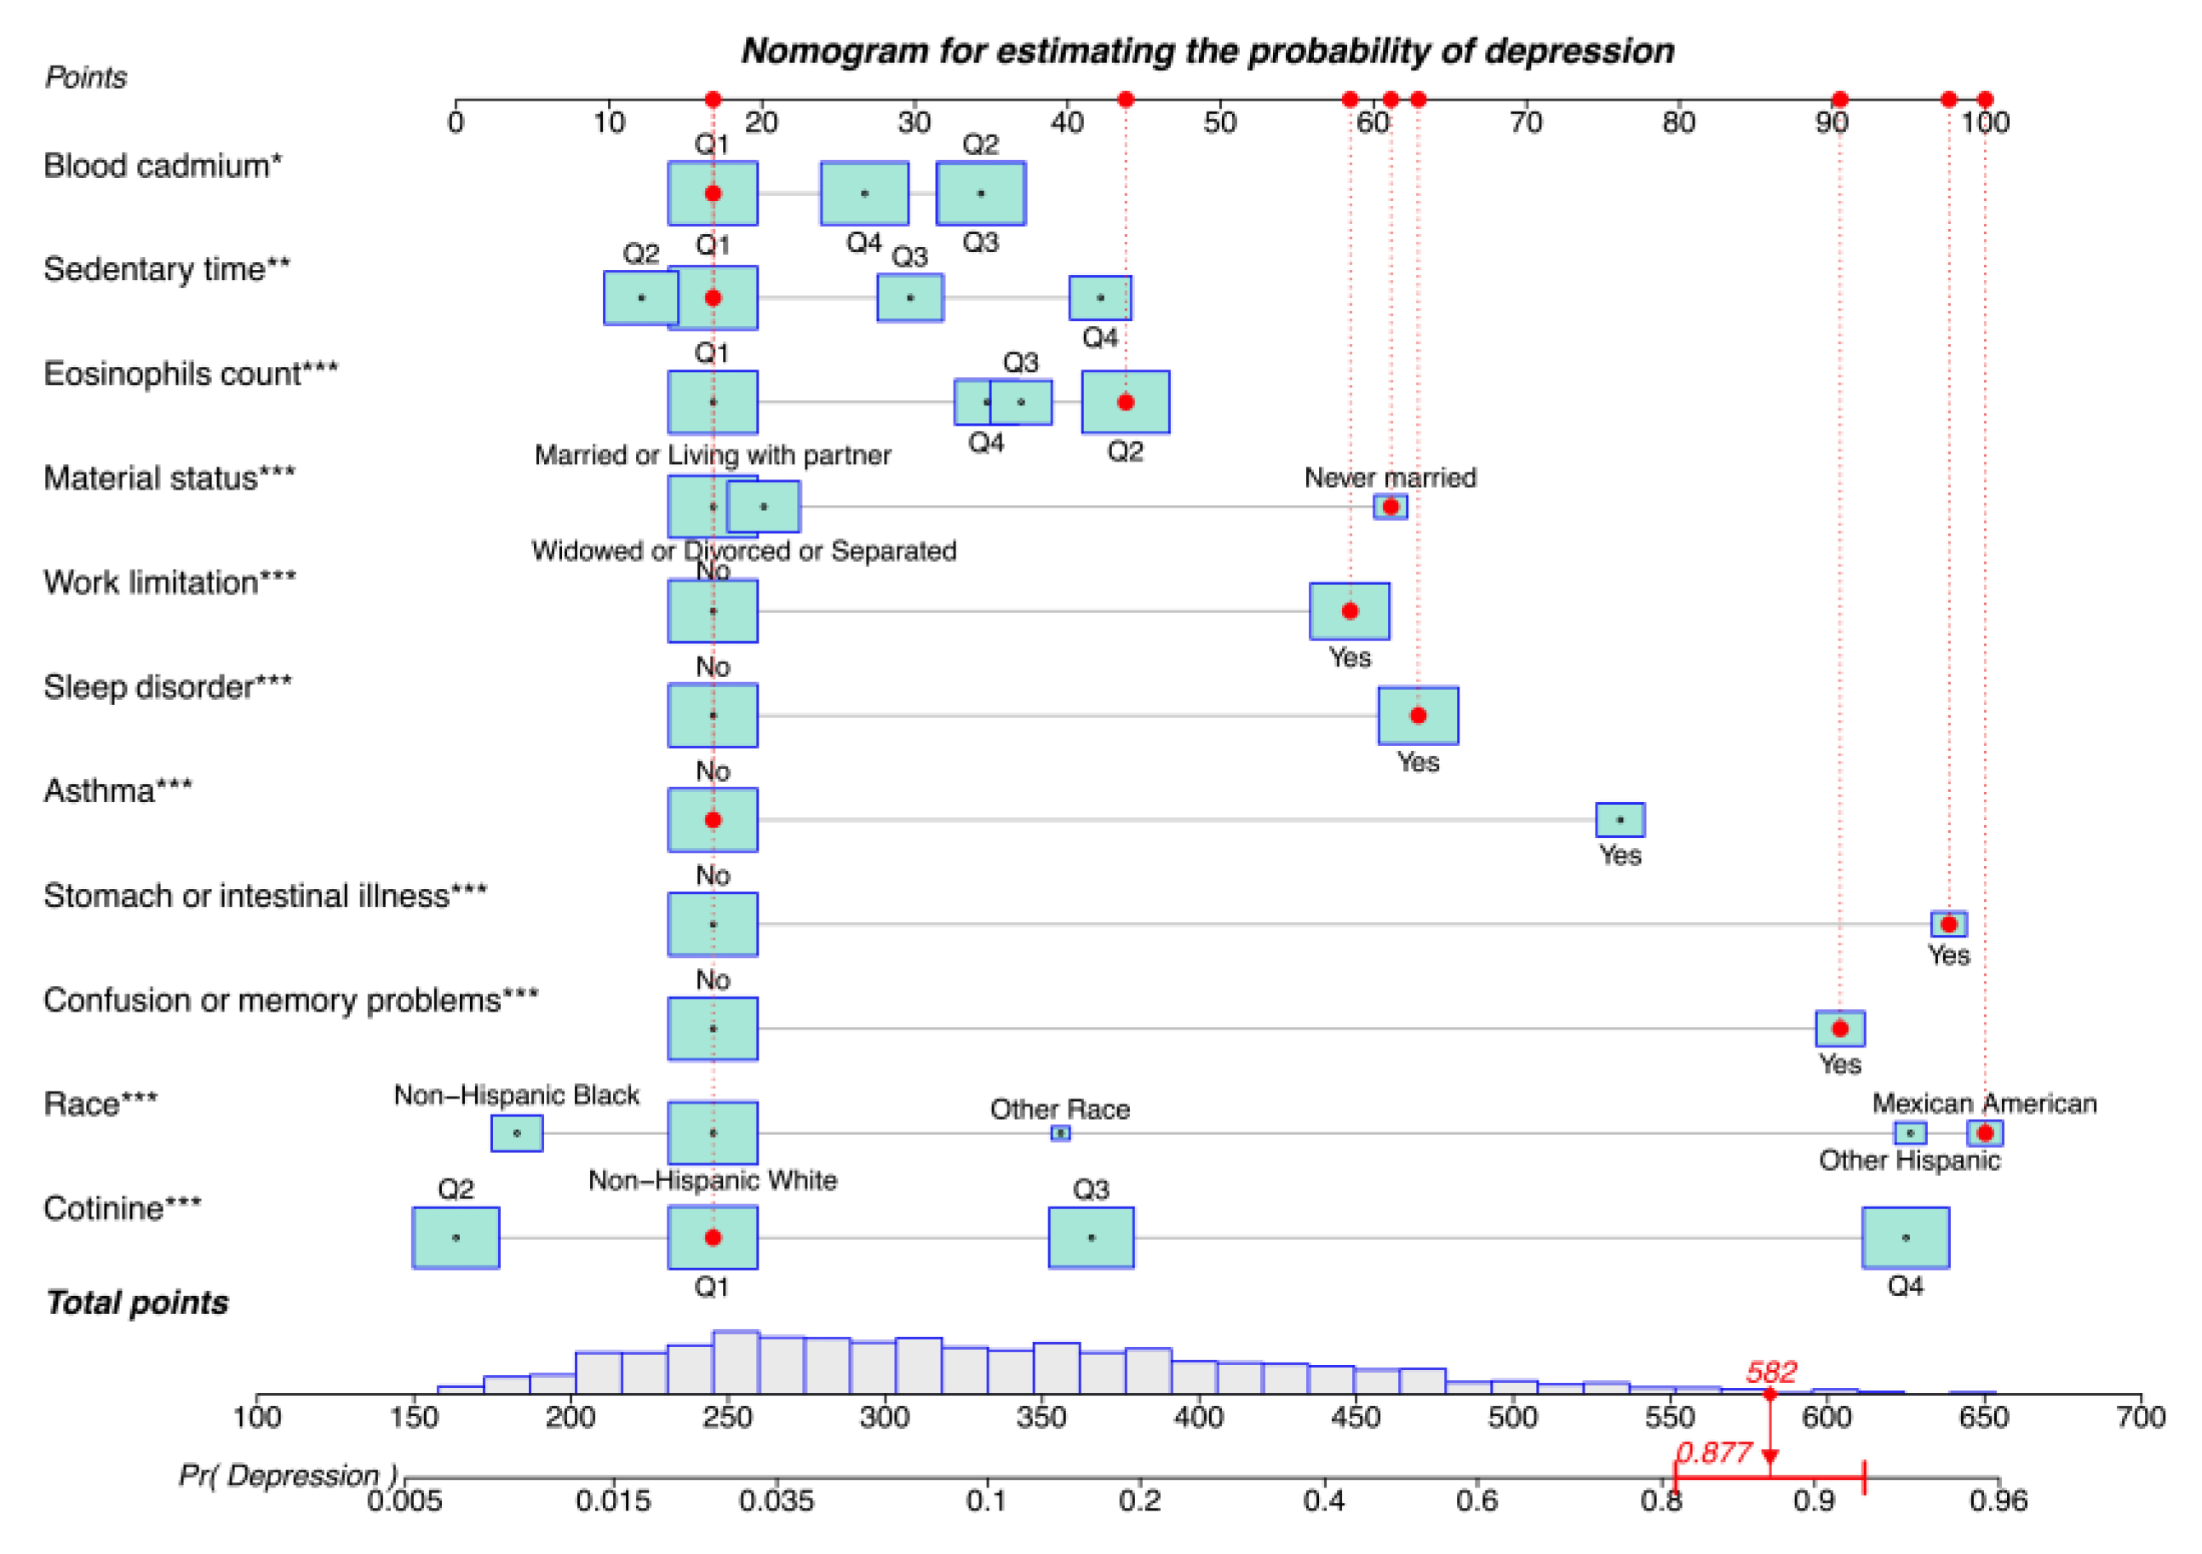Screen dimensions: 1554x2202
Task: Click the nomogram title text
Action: [x=1207, y=51]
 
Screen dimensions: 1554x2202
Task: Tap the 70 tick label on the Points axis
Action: [x=1525, y=123]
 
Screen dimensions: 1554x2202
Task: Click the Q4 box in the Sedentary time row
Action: [x=1100, y=298]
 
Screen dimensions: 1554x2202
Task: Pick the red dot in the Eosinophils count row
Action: [x=1125, y=402]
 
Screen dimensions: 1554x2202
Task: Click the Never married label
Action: [x=1390, y=478]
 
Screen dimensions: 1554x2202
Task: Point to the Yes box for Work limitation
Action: [x=1350, y=611]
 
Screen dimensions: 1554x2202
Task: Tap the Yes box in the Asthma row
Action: [x=1620, y=820]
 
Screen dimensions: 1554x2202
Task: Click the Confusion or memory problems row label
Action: [x=290, y=1001]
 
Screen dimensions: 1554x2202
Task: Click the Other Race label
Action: [x=1060, y=1110]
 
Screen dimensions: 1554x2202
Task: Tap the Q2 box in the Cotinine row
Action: [x=456, y=1237]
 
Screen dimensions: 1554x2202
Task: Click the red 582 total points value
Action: [x=1770, y=1372]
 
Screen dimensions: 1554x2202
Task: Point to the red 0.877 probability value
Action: [x=1714, y=1453]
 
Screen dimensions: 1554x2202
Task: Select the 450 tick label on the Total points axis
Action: [x=1355, y=1417]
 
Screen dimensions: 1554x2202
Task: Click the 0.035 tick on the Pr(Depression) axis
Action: [x=776, y=1500]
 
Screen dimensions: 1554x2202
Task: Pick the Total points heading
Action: [x=137, y=1303]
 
